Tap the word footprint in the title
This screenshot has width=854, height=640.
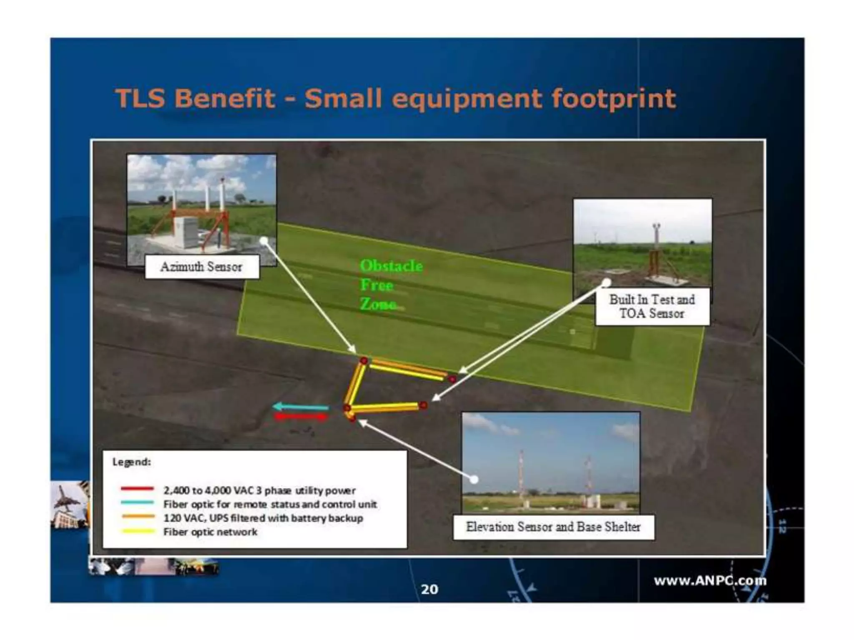[613, 98]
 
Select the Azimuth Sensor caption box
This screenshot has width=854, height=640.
[202, 267]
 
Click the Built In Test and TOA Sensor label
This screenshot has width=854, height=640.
[652, 306]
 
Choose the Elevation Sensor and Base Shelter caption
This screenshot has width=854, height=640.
[553, 527]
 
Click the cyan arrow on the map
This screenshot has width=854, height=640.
[301, 407]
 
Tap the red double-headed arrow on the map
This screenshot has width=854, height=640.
[301, 416]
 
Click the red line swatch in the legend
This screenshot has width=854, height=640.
[137, 489]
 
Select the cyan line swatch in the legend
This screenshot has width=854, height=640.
[137, 503]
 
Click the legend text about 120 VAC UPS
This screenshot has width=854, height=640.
[263, 518]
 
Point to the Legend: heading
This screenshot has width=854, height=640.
[131, 462]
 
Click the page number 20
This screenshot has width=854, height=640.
[430, 589]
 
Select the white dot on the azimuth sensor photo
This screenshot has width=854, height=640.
[264, 240]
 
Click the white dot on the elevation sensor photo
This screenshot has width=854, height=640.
[474, 480]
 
